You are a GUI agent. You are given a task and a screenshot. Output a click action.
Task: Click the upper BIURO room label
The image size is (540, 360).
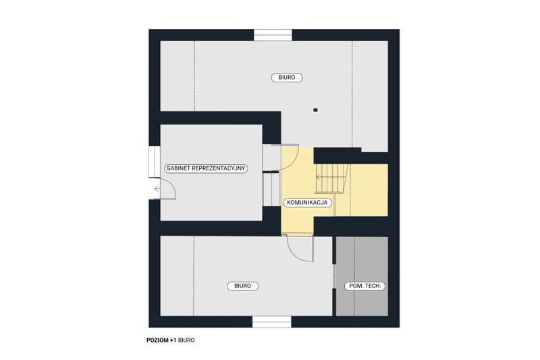(286, 78)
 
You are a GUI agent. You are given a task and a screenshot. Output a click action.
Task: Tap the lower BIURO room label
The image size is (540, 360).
(242, 286)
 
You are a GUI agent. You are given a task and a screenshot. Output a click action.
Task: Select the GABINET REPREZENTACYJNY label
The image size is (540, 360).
(206, 168)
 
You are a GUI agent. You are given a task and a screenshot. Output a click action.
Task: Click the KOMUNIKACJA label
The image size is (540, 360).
(307, 203)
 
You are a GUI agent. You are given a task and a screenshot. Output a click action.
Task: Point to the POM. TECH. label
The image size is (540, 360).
(364, 286)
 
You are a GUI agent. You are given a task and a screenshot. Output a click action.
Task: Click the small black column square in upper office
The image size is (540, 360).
(315, 110)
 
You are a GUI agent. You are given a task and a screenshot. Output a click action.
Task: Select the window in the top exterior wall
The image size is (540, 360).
(273, 35)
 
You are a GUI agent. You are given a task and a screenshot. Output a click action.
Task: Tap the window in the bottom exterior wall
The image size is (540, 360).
(272, 322)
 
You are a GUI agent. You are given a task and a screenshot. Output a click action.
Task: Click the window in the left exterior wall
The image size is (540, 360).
(155, 162)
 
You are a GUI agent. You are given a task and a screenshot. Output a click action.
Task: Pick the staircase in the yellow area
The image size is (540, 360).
(331, 178)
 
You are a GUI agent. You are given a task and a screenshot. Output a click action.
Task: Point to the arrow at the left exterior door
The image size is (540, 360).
(157, 189)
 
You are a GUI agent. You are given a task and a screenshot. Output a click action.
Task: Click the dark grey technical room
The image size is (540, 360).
(362, 276)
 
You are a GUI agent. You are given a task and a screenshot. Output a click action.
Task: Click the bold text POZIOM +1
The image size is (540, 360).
(161, 340)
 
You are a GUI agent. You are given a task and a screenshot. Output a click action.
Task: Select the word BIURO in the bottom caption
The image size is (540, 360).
(186, 340)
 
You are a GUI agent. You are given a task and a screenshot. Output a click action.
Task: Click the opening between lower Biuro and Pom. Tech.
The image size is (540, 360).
(333, 277)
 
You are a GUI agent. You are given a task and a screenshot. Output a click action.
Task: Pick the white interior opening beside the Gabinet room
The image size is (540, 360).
(271, 189)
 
